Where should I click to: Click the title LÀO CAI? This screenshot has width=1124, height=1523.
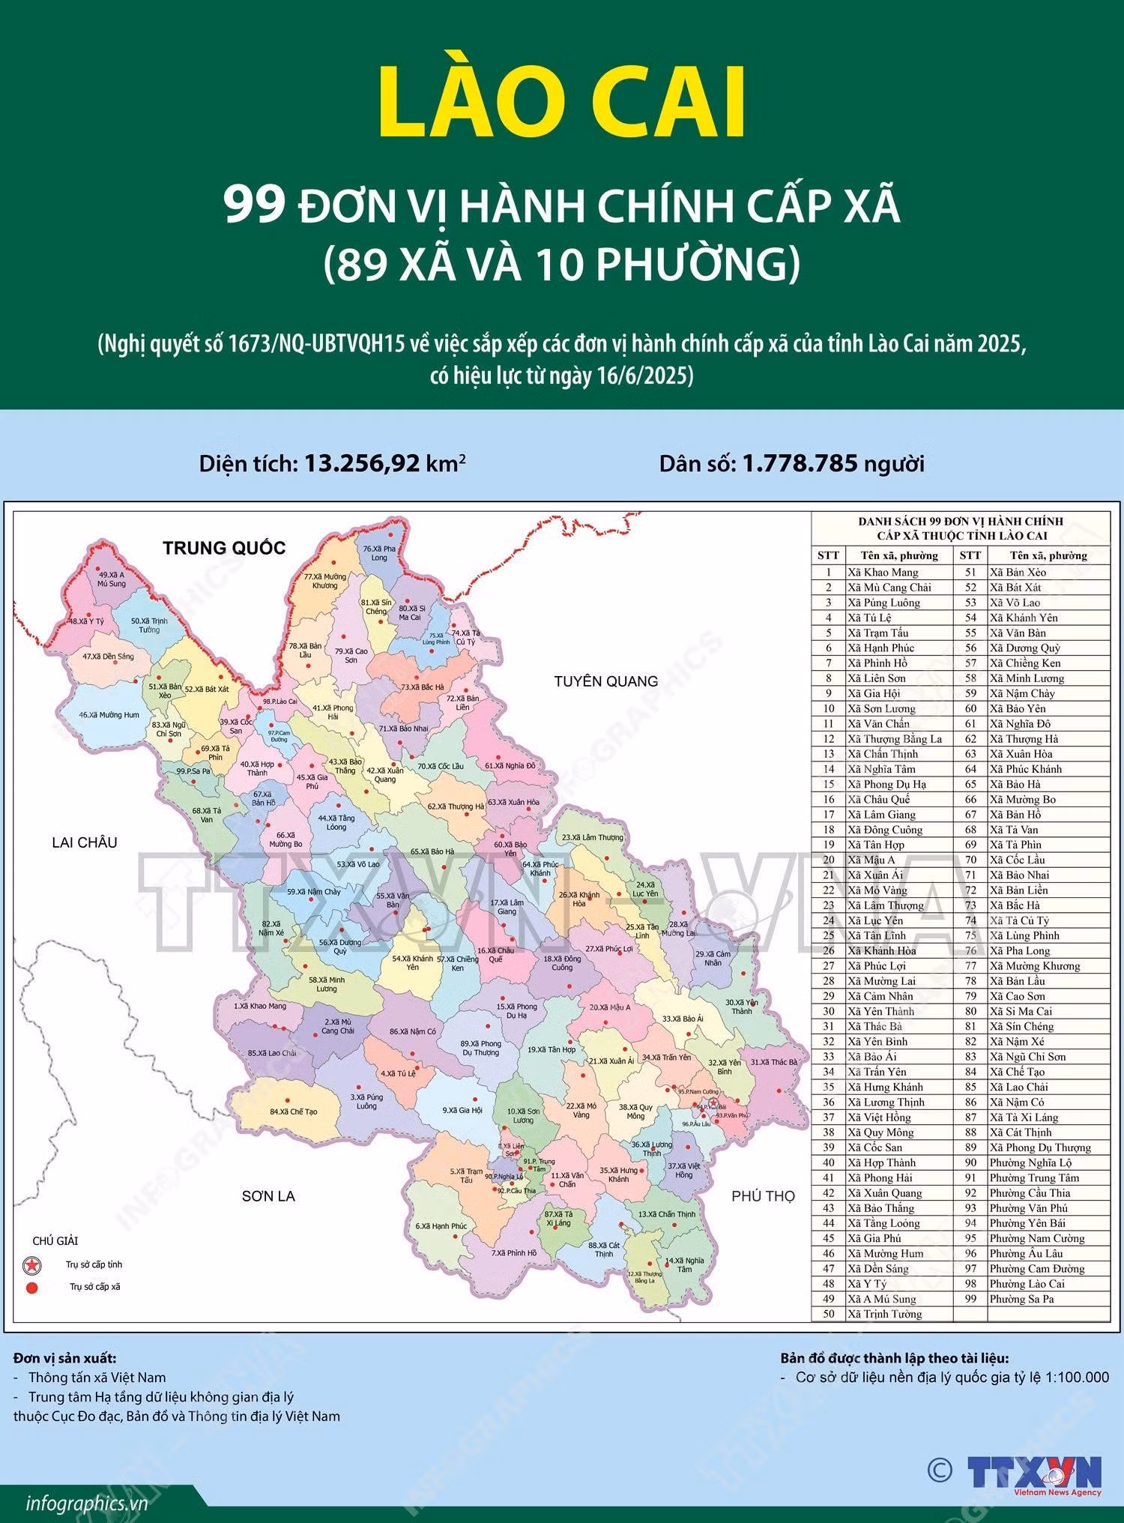coord(562,103)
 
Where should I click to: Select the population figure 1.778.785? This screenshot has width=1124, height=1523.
coord(800,463)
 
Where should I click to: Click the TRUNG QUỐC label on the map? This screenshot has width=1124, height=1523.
coord(224,547)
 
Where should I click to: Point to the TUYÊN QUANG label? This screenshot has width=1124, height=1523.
coord(605,681)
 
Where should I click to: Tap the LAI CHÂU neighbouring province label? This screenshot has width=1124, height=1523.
coord(85,842)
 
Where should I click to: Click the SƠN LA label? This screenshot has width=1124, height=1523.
coord(268,1196)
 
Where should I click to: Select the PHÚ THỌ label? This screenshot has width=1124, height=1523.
coord(763,1196)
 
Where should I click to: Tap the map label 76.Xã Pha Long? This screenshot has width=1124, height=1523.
coord(379,553)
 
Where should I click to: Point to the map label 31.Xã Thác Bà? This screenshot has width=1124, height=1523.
coord(774,1062)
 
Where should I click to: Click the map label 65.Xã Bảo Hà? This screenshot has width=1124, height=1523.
coord(432,851)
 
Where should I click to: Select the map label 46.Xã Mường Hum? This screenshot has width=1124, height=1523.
coord(109,715)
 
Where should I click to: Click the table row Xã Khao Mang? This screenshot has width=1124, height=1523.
coord(882,572)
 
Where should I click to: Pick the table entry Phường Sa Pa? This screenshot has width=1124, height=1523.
coord(1021,1299)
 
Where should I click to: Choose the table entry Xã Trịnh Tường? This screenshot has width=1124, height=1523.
coord(884,1314)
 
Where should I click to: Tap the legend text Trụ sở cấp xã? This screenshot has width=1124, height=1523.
coord(94,1287)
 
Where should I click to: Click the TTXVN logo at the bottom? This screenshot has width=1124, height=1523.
coord(1034,1471)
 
